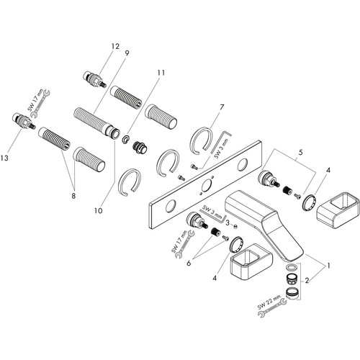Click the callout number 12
(115, 46)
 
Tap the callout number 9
(127, 53)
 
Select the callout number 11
(161, 73)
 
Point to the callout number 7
(221, 107)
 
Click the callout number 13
(4, 158)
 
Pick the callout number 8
(73, 196)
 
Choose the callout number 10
(99, 211)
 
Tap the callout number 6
(189, 263)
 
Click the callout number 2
(307, 280)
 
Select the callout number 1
(329, 266)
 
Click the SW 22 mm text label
(269, 302)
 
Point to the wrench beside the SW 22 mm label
(272, 308)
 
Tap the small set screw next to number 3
(235, 225)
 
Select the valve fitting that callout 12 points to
(95, 80)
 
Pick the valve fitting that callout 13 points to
(24, 121)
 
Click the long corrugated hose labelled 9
(96, 123)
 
